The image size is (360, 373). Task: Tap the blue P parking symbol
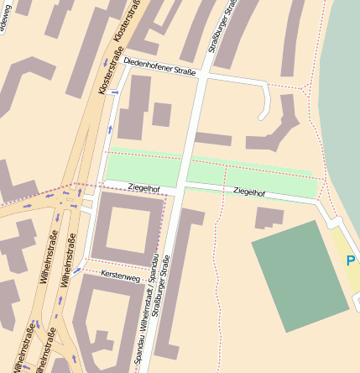[351, 261]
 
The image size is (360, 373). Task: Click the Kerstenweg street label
[120, 275]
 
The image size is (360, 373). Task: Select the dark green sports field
[300, 276]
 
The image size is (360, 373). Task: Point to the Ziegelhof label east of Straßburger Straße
[251, 192]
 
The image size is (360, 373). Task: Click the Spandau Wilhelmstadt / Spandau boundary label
[146, 311]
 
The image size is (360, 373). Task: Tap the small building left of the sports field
[269, 218]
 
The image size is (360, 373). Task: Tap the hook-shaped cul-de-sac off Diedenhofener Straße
[266, 104]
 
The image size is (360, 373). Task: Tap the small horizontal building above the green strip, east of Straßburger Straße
[213, 139]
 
